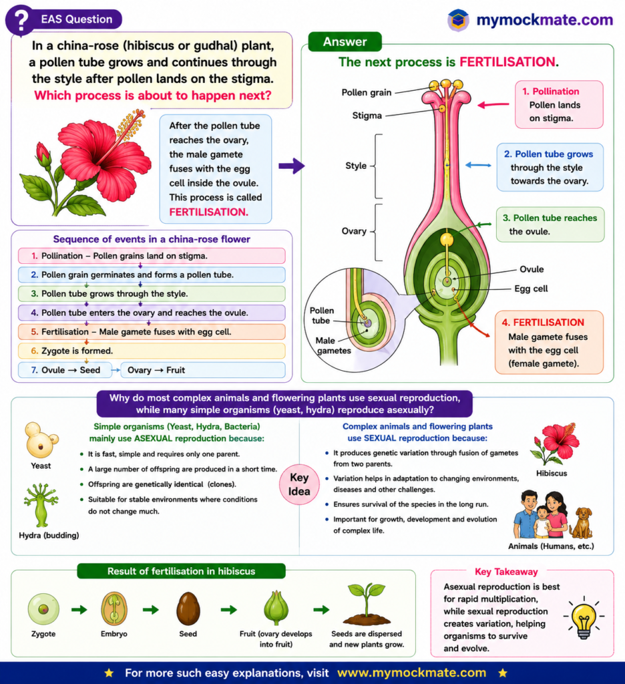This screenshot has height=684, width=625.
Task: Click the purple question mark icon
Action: [20, 20]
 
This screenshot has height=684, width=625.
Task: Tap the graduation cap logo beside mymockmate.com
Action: [458, 20]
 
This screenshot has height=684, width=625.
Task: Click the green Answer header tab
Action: [345, 42]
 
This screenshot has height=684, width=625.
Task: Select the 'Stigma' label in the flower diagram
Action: [367, 116]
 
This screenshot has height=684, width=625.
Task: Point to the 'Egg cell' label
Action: [531, 289]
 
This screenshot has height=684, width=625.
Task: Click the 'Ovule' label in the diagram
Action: [532, 269]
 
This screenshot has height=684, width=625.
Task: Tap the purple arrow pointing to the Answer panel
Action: [291, 166]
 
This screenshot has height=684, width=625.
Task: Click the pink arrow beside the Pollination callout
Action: [493, 105]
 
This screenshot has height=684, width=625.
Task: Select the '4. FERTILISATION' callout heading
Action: [543, 323]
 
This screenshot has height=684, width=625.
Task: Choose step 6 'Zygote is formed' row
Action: [152, 351]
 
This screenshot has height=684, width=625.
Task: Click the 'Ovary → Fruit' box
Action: [203, 370]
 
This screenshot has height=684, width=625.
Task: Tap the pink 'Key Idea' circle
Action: [299, 485]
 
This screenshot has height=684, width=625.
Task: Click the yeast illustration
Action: [41, 440]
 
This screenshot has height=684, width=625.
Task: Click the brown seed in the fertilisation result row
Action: [188, 609]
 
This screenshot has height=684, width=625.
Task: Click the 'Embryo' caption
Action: [114, 634]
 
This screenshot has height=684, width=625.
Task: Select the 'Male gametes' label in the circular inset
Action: [334, 345]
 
